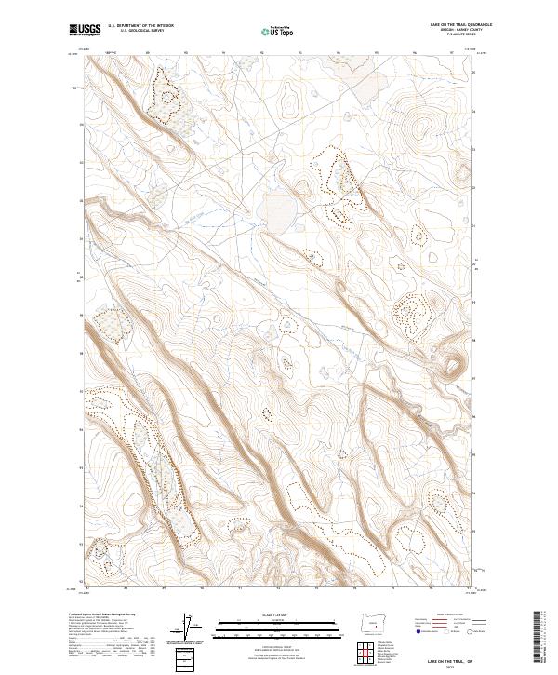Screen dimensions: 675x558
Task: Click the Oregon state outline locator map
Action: point(378,619)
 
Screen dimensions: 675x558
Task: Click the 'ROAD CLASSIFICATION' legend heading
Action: point(442,616)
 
